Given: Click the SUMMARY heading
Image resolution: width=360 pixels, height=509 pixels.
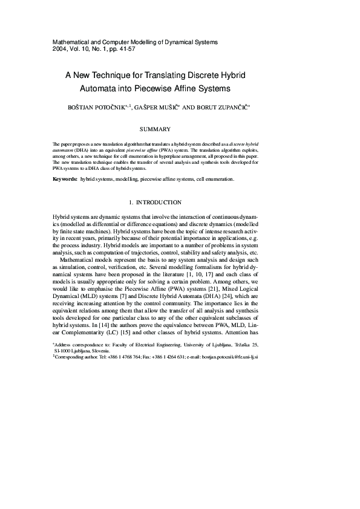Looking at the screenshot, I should [x=155, y=129].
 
